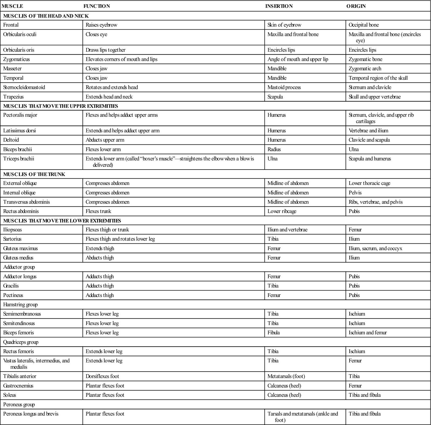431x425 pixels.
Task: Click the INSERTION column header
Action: pos(279,6)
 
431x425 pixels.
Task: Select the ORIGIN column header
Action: pos(356,6)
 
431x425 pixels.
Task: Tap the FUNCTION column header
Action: pos(96,6)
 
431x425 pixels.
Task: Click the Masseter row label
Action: pos(12,68)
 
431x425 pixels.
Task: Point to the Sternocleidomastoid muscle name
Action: pos(24,87)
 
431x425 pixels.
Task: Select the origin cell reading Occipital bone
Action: pos(364,25)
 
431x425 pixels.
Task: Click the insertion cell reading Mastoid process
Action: pos(284,87)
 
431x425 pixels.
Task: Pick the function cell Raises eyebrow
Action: pos(101,25)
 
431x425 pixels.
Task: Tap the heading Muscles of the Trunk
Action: pos(34,174)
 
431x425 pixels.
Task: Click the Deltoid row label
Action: pos(11,140)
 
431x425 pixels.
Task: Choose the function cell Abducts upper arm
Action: pos(105,140)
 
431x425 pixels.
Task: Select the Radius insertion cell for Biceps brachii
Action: pos(274,149)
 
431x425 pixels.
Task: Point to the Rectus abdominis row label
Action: pos(21,211)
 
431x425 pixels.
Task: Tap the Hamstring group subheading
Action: pos(20,305)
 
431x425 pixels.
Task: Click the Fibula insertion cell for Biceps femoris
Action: pos(273,333)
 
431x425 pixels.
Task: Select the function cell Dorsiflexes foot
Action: pos(102,376)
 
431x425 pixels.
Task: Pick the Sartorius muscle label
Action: pos(12,239)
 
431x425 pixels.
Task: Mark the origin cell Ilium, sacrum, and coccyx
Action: pos(375,248)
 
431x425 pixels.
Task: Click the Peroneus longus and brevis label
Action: pos(31,414)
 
